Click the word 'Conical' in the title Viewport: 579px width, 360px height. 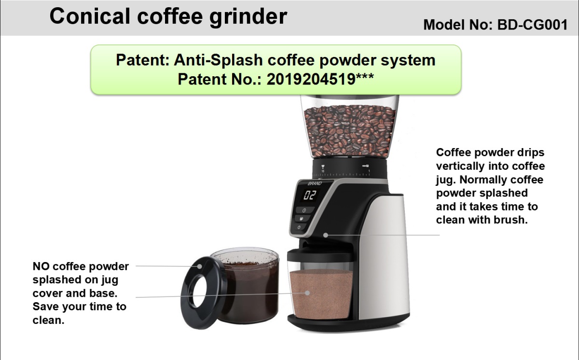(x=90, y=16)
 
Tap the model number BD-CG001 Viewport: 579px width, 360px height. (x=533, y=25)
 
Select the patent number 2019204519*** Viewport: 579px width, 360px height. (x=320, y=79)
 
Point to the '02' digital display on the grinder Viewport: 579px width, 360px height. (x=309, y=195)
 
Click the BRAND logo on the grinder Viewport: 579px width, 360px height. (x=315, y=183)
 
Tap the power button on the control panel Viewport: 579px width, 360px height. (x=299, y=227)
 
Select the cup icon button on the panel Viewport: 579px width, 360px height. (x=302, y=219)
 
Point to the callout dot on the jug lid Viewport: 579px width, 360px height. (x=199, y=266)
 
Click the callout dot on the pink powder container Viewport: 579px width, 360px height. (x=307, y=293)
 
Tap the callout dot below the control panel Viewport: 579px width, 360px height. (x=326, y=235)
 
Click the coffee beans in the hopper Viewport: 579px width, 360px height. (x=350, y=130)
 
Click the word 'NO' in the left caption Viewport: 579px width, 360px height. (x=41, y=266)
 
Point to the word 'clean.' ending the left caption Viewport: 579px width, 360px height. (x=48, y=320)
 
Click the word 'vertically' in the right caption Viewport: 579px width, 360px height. (x=460, y=166)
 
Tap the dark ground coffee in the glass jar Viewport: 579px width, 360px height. (x=248, y=292)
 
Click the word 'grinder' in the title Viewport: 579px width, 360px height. (x=248, y=17)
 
